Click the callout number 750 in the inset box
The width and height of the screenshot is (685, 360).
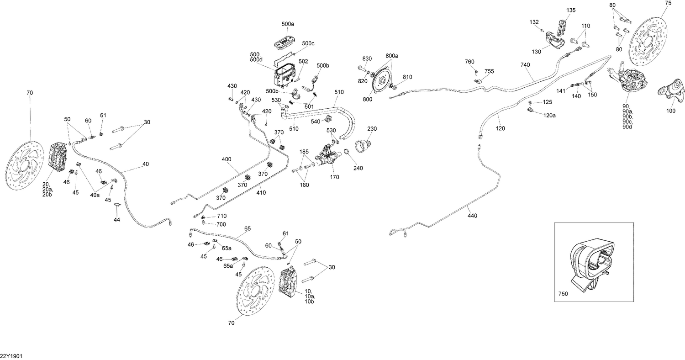[x=563, y=294]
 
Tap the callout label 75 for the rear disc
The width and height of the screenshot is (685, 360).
[x=668, y=3]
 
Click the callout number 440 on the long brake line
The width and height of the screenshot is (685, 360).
[x=472, y=216]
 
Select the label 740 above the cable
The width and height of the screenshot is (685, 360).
[x=526, y=65]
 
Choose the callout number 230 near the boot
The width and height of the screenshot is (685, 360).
[x=372, y=129]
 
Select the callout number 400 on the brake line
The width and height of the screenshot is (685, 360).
[x=227, y=159]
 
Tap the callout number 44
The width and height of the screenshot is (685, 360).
[x=117, y=220]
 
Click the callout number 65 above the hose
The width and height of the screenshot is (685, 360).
[x=248, y=228]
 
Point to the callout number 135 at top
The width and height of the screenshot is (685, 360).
[x=571, y=10]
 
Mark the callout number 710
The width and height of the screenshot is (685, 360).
[x=222, y=216]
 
